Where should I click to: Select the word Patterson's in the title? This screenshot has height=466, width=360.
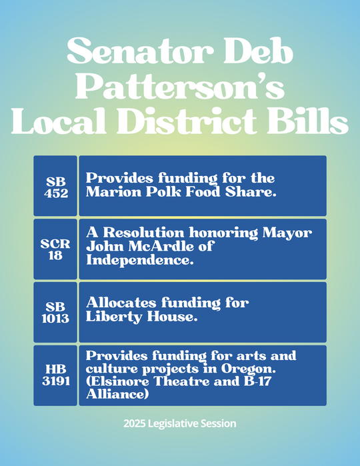180,87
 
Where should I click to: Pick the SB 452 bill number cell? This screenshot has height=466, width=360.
55,186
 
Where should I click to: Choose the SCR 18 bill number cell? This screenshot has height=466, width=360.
55,249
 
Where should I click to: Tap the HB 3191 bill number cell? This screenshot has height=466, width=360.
55,375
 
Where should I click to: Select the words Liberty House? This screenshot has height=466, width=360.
141,317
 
